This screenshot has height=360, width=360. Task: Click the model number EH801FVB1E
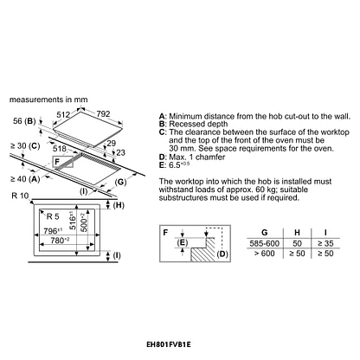[x=169, y=344]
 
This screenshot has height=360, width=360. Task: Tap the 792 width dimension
[x=103, y=114]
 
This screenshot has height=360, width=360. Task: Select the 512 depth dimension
[x=63, y=115]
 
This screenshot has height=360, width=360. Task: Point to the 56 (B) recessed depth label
[x=24, y=121]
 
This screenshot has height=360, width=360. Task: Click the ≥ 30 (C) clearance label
[x=25, y=146]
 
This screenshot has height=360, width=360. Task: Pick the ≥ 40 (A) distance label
[x=25, y=179]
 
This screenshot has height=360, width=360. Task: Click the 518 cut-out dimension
[x=60, y=149]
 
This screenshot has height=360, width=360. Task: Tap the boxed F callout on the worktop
[x=63, y=162]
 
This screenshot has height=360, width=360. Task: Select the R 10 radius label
[x=20, y=196]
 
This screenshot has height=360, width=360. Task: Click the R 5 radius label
[x=53, y=216]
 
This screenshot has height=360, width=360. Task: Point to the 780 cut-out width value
[x=60, y=240]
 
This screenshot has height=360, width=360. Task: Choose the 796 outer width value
[x=53, y=231]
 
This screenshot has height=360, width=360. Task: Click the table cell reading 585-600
[x=265, y=244]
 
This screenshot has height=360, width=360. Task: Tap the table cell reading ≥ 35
[x=325, y=244]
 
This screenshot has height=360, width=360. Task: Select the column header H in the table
[x=297, y=233]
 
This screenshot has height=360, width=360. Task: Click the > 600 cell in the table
[x=265, y=254]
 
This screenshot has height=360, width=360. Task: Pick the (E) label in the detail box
[x=183, y=243]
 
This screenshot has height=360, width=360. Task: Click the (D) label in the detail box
[x=222, y=254]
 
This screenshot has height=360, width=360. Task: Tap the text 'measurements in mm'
[x=48, y=100]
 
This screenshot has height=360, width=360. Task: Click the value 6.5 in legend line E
[x=174, y=165]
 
